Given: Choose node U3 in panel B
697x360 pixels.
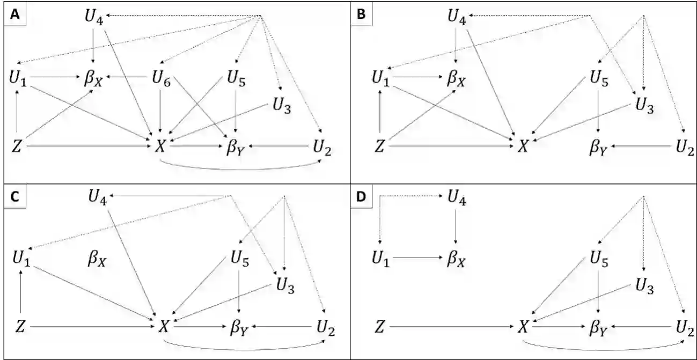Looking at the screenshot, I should coord(644,104).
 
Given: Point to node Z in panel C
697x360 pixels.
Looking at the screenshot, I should coord(20,325).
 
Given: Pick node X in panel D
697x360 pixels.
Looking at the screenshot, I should coord(523,326).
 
